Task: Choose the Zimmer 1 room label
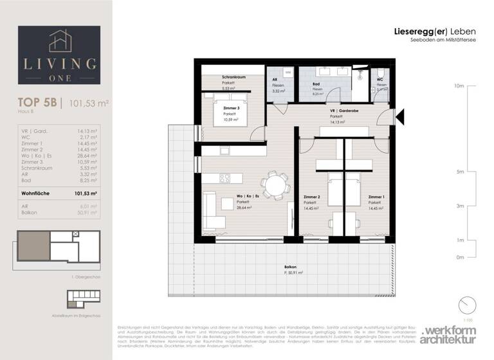click(376, 197)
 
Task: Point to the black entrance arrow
click(399, 116)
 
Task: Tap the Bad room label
click(316, 84)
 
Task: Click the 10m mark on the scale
click(458, 85)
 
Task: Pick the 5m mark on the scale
click(459, 172)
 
